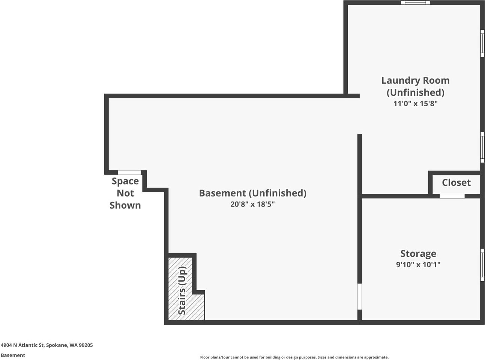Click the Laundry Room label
point(415,81)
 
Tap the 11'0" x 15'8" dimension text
point(416,104)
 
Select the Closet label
point(456,183)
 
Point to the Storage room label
point(418,254)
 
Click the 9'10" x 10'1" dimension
point(418,265)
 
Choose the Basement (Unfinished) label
point(252,193)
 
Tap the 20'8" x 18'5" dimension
point(252,205)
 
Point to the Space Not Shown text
point(125,193)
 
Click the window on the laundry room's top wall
point(415,3)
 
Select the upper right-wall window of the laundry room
point(482,43)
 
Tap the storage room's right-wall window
point(482,265)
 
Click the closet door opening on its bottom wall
point(452,196)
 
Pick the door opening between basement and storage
point(359,297)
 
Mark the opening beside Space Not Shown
point(129,173)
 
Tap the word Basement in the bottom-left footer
point(13,355)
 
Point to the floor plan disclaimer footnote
point(294,357)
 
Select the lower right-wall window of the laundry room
point(482,147)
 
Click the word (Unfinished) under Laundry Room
point(416,93)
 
